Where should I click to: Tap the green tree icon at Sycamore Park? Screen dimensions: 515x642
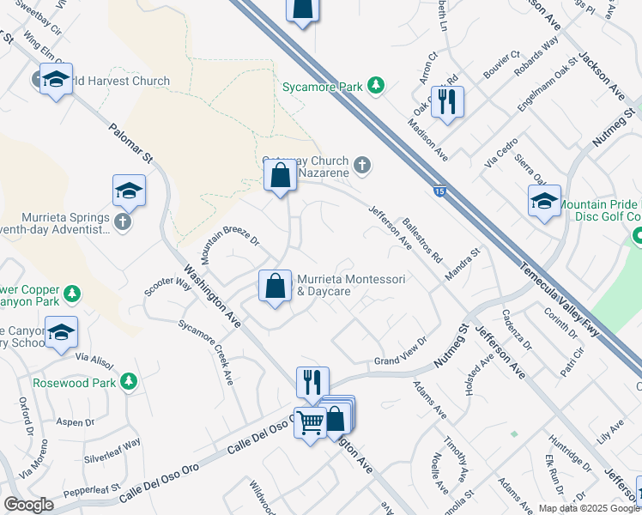[x=375, y=85]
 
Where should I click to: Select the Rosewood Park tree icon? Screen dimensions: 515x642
[x=129, y=381]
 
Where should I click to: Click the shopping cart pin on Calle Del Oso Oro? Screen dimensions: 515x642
[x=310, y=421]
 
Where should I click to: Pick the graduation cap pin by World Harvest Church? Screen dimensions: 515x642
[x=56, y=79]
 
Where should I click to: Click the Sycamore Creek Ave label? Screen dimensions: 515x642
[x=205, y=352]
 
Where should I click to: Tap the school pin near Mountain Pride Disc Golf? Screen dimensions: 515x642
[x=544, y=202]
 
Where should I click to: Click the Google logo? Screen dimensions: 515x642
[x=28, y=505]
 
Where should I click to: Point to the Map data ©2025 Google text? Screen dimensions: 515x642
[x=588, y=508]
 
